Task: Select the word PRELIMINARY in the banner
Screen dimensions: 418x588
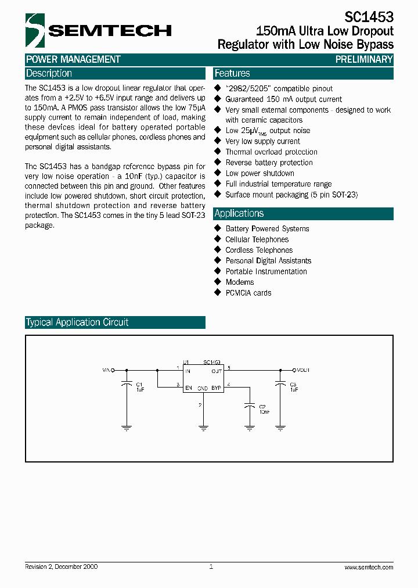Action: (x=364, y=59)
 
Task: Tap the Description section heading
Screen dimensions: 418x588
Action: (x=49, y=74)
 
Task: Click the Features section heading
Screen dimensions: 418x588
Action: (x=232, y=74)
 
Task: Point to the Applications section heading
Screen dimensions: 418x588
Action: (x=239, y=213)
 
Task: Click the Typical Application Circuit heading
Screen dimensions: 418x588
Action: (x=77, y=322)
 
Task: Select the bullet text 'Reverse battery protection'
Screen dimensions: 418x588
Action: (x=269, y=163)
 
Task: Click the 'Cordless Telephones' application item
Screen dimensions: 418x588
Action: (x=259, y=250)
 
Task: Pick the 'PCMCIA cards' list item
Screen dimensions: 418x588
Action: (x=248, y=293)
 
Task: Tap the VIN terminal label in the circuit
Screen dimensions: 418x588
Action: (x=107, y=370)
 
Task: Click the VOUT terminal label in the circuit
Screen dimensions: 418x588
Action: (x=303, y=370)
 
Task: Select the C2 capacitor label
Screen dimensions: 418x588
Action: (x=262, y=407)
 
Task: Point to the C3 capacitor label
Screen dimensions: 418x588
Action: (x=293, y=385)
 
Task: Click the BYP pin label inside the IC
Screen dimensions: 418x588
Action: (x=216, y=388)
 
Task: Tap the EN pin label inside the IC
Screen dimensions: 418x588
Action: (x=188, y=388)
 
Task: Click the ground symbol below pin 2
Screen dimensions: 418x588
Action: (x=203, y=428)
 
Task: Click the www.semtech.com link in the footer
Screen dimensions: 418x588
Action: (x=369, y=567)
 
